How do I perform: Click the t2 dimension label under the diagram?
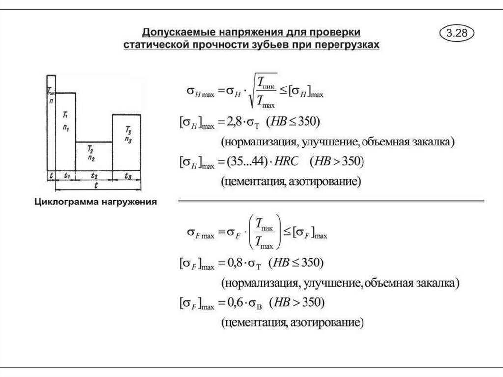tap(94, 175)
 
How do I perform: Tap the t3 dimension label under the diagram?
tap(127, 175)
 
